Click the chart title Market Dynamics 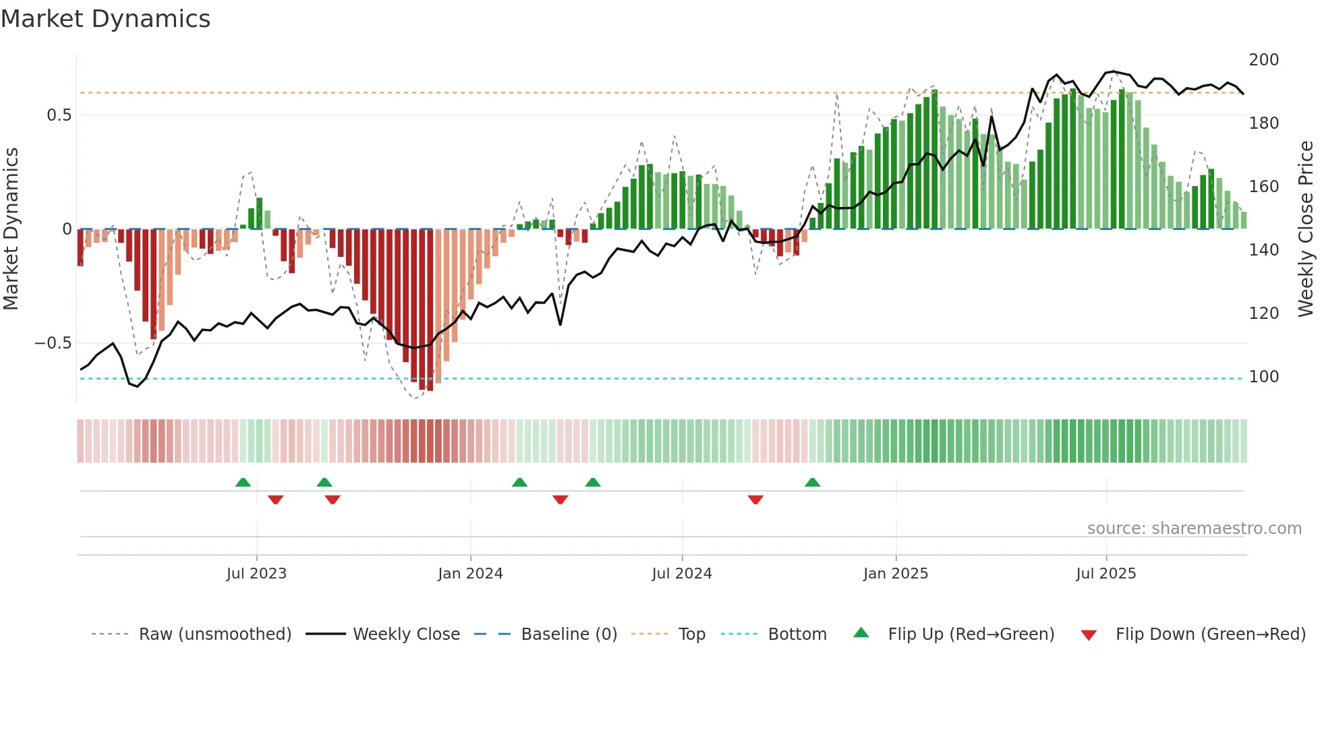tap(106, 19)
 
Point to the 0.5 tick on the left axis tap(59, 115)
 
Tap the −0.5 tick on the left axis tap(53, 343)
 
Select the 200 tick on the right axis tap(1263, 60)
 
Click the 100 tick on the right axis tap(1263, 377)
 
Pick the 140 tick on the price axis tap(1263, 250)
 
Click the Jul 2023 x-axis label tap(256, 574)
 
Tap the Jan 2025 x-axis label tap(895, 574)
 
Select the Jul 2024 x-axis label tap(681, 574)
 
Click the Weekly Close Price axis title tap(1306, 229)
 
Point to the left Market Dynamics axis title tap(11, 229)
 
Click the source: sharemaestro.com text tap(1194, 529)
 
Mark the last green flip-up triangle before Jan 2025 tap(812, 482)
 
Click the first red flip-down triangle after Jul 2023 tap(275, 500)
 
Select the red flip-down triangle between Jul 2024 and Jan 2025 tap(755, 500)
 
